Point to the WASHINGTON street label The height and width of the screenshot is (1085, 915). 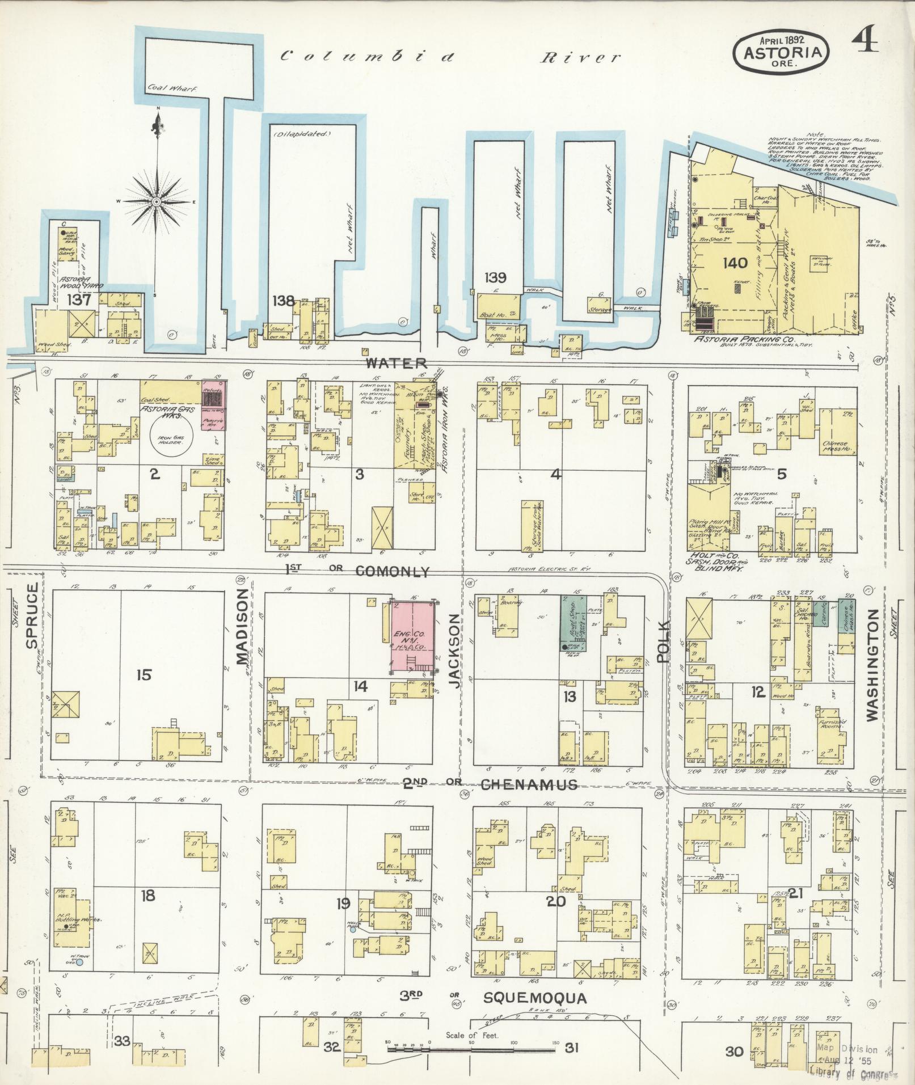click(871, 665)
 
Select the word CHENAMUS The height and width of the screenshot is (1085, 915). click(529, 785)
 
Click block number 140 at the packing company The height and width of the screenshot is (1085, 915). click(735, 263)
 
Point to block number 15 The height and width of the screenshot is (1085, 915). click(145, 675)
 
